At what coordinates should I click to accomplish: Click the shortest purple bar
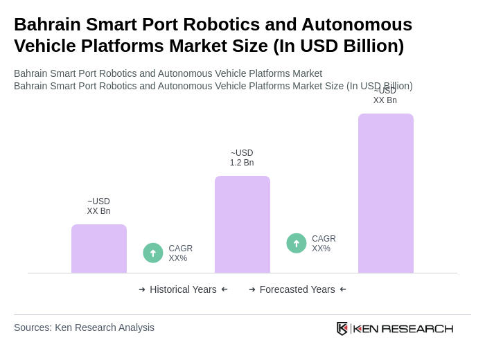tap(99, 249)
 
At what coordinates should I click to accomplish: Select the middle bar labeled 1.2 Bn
tap(242, 224)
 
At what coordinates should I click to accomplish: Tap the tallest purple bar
tap(386, 193)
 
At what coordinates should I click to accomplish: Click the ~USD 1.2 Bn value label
tap(242, 158)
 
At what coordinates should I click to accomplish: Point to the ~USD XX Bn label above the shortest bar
tap(98, 206)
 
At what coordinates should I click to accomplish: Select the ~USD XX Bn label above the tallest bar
tap(385, 96)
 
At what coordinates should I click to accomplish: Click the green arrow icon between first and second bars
tap(153, 253)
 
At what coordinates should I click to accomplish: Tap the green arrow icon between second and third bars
tap(297, 243)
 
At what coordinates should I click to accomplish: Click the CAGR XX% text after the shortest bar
tap(180, 253)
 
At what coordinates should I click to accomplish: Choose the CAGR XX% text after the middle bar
tap(324, 244)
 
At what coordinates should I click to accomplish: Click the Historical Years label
tap(183, 289)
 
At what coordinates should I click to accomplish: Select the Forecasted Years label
tap(297, 289)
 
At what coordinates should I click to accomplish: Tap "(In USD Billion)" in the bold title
tap(338, 46)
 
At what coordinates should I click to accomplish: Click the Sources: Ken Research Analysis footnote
tap(84, 327)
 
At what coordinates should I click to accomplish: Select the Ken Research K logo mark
tap(342, 328)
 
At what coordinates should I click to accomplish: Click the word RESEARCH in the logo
tap(417, 328)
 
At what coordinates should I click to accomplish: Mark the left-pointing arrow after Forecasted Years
tap(343, 289)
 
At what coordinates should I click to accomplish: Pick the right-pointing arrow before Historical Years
tap(142, 289)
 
